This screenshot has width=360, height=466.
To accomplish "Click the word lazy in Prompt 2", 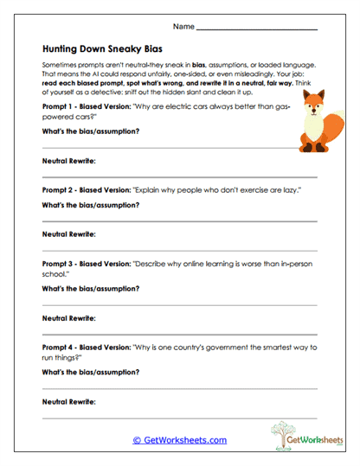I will tap(247, 188).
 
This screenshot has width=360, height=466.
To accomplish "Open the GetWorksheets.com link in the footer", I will tap(179, 440).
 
